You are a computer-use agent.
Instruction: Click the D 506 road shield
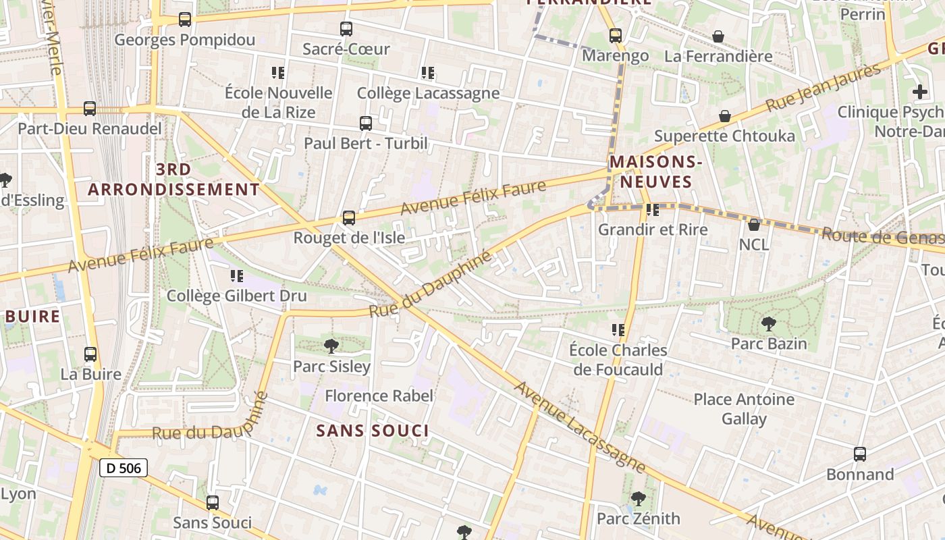tap(124, 468)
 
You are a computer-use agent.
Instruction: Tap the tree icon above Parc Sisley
tap(331, 346)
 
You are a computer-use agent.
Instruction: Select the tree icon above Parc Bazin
tap(768, 323)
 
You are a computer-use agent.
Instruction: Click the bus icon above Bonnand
tap(860, 454)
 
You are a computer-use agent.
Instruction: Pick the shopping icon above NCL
tap(754, 224)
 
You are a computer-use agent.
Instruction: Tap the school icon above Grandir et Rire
tap(652, 210)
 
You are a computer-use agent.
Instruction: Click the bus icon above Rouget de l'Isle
tap(348, 218)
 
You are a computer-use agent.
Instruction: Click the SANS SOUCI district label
tap(373, 431)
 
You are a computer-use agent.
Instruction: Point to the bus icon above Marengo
tap(616, 36)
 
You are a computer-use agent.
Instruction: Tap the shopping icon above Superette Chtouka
tap(725, 116)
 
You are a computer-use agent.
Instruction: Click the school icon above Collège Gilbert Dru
tap(236, 275)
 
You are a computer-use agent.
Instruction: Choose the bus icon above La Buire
tap(90, 354)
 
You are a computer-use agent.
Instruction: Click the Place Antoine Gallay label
tap(744, 409)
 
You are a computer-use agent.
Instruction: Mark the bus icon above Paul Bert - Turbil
tap(366, 124)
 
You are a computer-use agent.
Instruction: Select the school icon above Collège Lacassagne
tap(428, 73)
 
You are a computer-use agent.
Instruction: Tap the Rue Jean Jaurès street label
tap(823, 88)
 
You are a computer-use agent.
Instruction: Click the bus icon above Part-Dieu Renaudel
tap(89, 109)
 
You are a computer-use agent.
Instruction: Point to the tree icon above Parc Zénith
tap(638, 499)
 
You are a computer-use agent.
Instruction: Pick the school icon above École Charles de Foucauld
tap(618, 330)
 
